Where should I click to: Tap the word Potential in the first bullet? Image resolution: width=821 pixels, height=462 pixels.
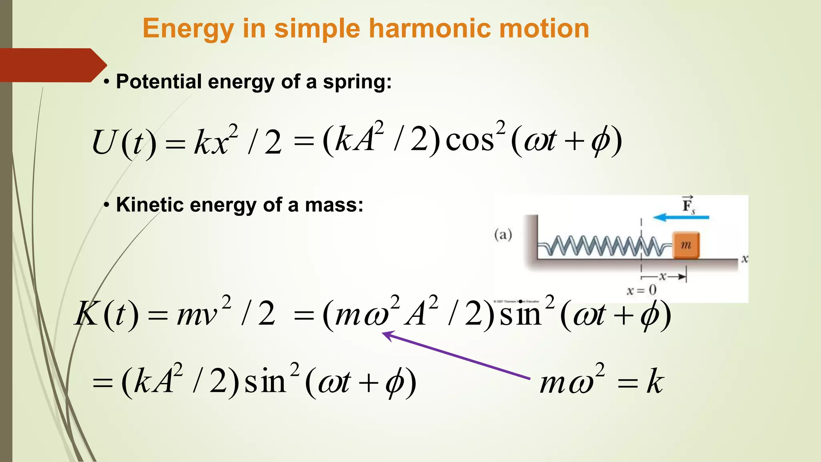[159, 82]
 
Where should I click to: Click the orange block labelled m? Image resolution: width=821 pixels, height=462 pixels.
[686, 245]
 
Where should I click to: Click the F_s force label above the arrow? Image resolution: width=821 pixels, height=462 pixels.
[688, 205]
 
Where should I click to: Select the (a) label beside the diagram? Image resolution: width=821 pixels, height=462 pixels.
[503, 234]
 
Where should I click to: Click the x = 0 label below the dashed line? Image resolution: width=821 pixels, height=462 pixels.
[642, 290]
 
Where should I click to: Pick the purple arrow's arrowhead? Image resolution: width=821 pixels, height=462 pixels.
[387, 335]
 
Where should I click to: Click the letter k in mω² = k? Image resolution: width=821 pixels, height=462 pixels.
[655, 381]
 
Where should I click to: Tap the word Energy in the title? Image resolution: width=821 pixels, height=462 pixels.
[188, 30]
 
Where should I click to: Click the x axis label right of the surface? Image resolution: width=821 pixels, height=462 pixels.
[744, 259]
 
